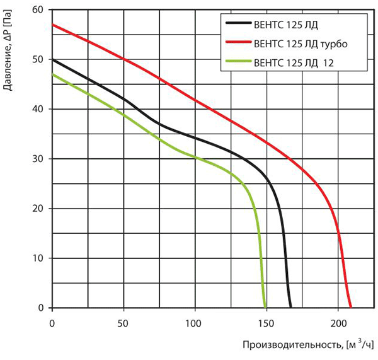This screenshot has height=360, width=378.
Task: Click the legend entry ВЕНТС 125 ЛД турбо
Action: [301, 44]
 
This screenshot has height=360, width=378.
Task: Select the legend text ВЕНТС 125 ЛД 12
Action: [294, 63]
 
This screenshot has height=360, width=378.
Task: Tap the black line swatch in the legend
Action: [239, 23]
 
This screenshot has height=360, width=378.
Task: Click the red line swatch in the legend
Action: [239, 42]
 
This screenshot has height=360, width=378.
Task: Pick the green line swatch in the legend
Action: [239, 61]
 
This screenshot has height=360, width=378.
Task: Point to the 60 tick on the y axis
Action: [37, 9]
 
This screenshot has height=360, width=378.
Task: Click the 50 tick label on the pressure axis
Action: [37, 59]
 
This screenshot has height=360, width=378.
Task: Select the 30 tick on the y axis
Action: [37, 159]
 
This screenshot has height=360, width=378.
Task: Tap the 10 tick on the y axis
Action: [37, 258]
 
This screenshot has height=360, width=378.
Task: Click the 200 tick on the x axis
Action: [338, 323]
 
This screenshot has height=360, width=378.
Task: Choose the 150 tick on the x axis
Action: [266, 323]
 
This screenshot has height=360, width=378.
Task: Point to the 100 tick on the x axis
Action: [193, 323]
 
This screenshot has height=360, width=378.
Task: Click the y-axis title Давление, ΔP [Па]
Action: [8, 50]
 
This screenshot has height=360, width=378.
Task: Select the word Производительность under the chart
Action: [292, 345]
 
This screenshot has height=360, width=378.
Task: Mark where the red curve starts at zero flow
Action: [52, 25]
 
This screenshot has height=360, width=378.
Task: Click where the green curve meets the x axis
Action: [265, 308]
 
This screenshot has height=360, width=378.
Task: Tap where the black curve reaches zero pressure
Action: [290, 308]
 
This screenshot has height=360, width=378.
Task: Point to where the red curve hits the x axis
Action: [351, 308]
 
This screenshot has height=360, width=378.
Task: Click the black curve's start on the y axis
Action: [52, 59]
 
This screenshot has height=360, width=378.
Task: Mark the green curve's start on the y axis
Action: [52, 74]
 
